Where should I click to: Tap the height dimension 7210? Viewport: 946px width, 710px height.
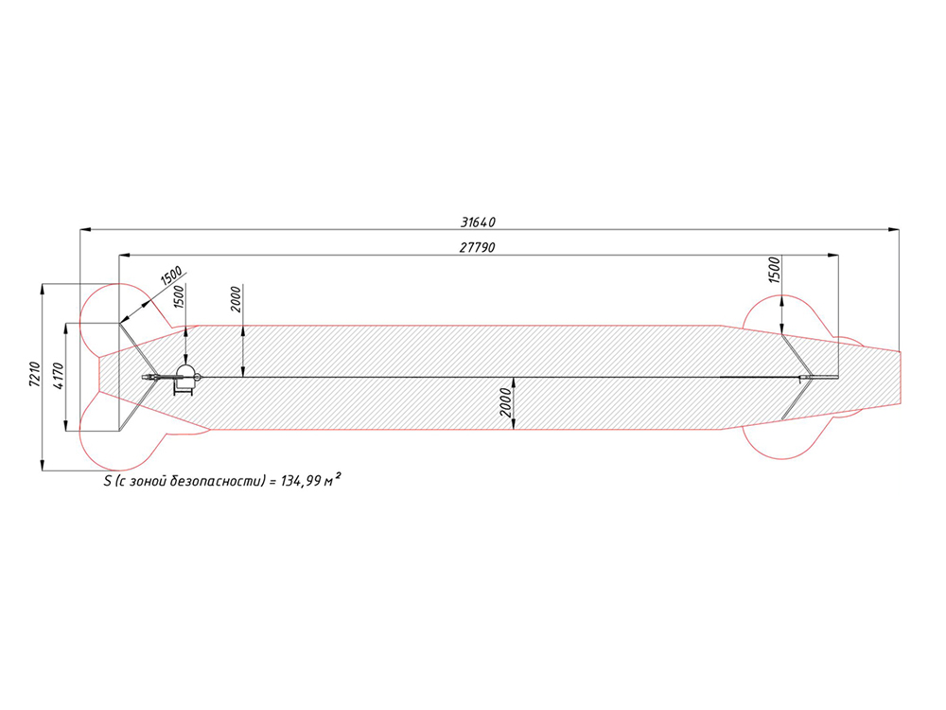pyautogui.click(x=34, y=376)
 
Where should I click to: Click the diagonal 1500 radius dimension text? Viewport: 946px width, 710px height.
pyautogui.click(x=170, y=277)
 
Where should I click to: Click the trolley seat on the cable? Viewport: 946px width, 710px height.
pyautogui.click(x=184, y=377)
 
